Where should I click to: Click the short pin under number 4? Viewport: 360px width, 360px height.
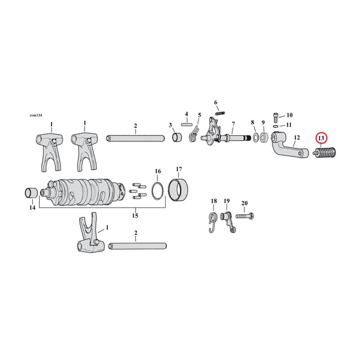[x=186, y=124]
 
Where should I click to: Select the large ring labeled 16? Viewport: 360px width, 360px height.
[x=158, y=191]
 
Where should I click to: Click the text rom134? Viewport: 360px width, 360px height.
[x=37, y=115]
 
